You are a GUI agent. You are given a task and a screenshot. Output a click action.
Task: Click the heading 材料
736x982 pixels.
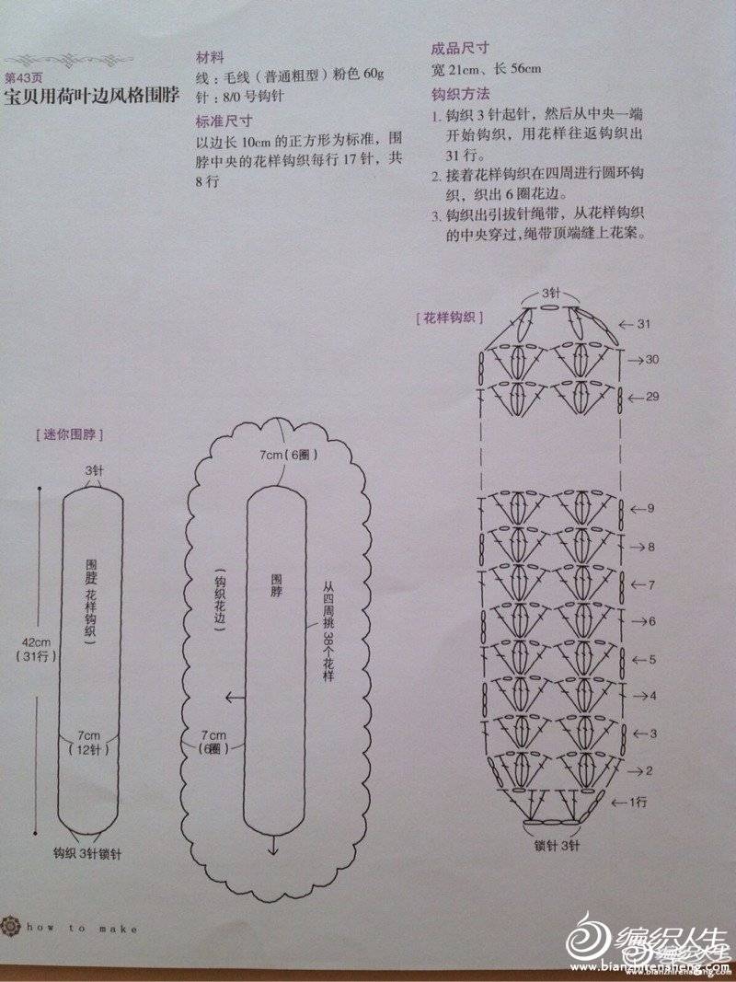pos(208,57)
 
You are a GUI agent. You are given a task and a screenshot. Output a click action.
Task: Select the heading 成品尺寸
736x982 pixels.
pos(460,48)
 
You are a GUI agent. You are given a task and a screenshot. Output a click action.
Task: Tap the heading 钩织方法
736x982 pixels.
pos(460,95)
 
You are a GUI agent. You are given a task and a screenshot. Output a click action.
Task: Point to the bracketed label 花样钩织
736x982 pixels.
pos(449,318)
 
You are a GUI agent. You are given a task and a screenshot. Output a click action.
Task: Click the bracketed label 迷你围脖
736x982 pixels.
pos(70,434)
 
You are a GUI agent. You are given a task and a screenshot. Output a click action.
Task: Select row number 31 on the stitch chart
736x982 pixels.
pos(644,324)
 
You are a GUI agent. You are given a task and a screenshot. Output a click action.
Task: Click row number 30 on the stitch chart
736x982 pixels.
pos(651,360)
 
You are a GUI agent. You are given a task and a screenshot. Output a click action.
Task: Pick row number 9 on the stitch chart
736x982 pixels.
pos(650,508)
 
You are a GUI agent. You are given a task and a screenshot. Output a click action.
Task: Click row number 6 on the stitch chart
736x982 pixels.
pos(652,621)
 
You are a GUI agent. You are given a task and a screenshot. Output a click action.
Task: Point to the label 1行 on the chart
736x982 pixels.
pos(638,803)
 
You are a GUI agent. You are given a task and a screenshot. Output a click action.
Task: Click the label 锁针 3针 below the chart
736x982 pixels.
pos(557,846)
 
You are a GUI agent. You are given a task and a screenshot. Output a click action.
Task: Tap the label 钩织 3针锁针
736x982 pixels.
pos(87,854)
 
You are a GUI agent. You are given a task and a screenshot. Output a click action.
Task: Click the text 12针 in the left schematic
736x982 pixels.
pos(87,749)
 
